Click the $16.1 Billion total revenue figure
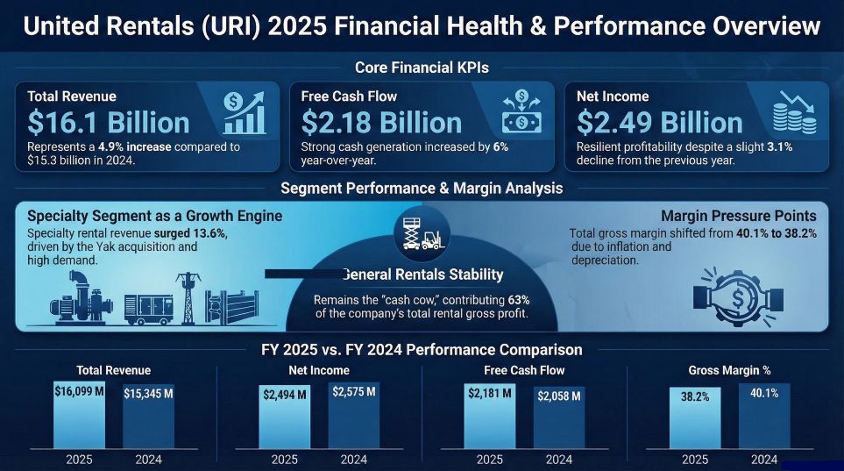pyautogui.click(x=109, y=123)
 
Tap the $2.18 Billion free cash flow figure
pyautogui.click(x=381, y=123)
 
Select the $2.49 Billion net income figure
pyautogui.click(x=659, y=123)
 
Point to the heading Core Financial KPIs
pyautogui.click(x=422, y=68)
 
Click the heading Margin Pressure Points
pyautogui.click(x=738, y=216)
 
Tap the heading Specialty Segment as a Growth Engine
pyautogui.click(x=155, y=216)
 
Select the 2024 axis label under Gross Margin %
pyautogui.click(x=764, y=460)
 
